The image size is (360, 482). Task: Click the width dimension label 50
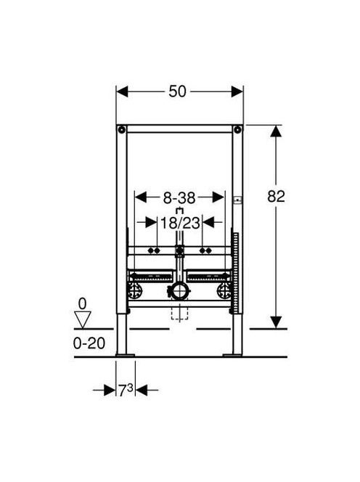pyautogui.click(x=177, y=91)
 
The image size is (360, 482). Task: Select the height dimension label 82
pyautogui.click(x=276, y=197)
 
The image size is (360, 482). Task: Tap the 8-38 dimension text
pyautogui.click(x=179, y=198)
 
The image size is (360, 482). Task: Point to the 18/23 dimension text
pyautogui.click(x=180, y=223)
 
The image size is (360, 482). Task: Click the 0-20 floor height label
pyautogui.click(x=89, y=343)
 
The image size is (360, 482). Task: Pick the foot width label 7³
pyautogui.click(x=126, y=391)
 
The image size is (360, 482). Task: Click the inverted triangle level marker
pyautogui.click(x=83, y=319)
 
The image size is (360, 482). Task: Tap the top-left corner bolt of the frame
pyautogui.click(x=122, y=130)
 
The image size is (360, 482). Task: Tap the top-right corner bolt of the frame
pyautogui.click(x=237, y=130)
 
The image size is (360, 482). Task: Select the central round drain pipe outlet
pyautogui.click(x=180, y=291)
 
